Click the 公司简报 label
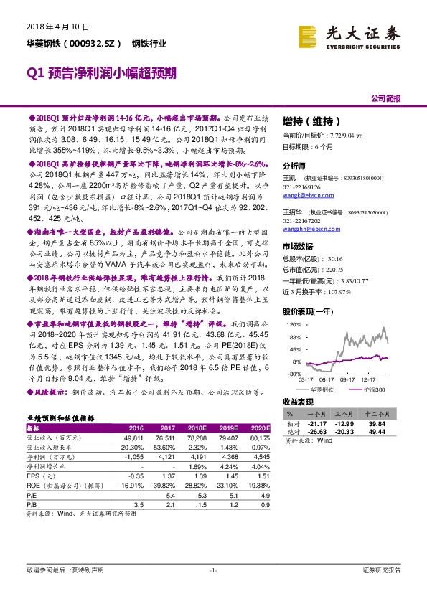point(386,98)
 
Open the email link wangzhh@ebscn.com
point(307,229)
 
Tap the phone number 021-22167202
point(301,221)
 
